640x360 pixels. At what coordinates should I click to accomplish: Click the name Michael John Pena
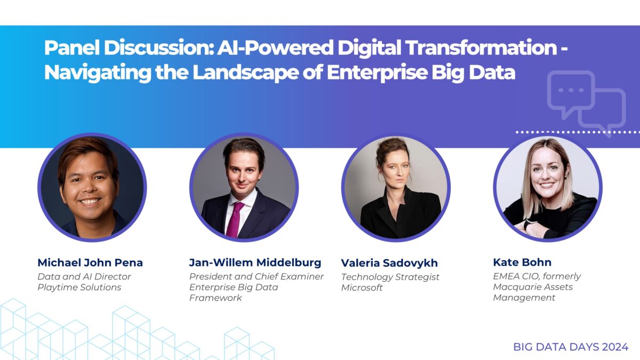click(90, 262)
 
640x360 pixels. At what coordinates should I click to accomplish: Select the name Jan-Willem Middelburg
click(255, 262)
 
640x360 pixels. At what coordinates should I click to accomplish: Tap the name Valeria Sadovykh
click(389, 262)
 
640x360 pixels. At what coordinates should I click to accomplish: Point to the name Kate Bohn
click(522, 262)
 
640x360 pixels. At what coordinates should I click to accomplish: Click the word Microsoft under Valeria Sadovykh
click(362, 287)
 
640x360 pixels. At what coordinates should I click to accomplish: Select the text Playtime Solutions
click(79, 287)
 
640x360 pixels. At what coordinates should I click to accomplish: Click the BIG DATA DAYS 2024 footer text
click(571, 347)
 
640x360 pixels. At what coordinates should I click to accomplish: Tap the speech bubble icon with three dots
click(570, 93)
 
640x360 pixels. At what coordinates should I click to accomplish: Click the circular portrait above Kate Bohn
click(547, 187)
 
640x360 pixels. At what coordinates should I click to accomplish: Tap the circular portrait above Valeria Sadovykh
click(396, 187)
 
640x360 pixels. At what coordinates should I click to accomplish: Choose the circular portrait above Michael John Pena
click(92, 187)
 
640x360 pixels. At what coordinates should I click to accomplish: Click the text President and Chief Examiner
click(257, 276)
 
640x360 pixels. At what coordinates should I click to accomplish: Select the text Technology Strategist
click(389, 276)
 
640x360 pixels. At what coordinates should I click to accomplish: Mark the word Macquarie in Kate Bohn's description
click(515, 287)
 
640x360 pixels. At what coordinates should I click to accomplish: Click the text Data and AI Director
click(84, 276)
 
